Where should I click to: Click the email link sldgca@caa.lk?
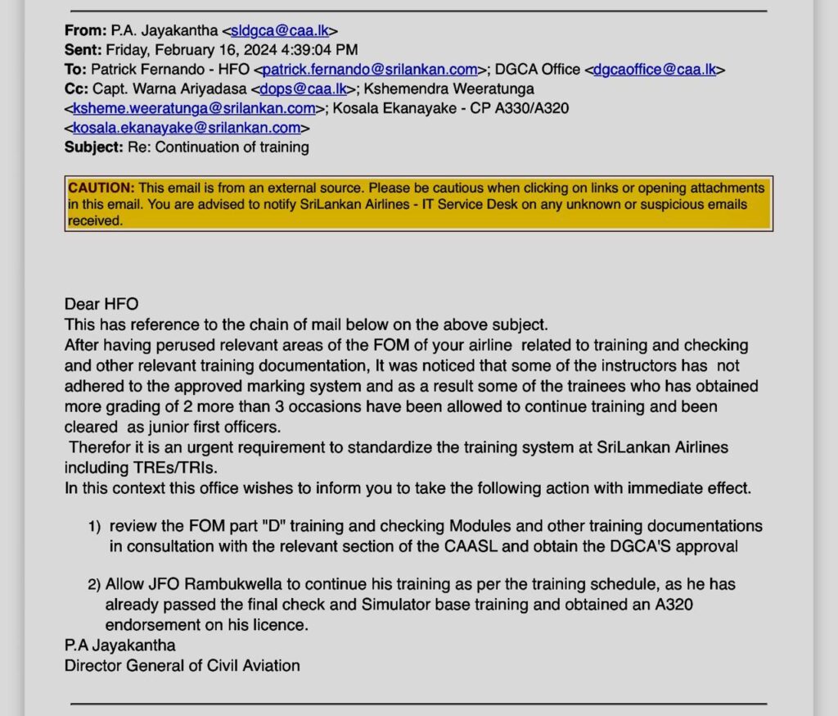coord(281,30)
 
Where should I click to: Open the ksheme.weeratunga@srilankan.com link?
coord(194,109)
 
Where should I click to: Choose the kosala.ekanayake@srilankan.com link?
coord(187,129)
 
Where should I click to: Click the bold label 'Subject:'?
coord(94,148)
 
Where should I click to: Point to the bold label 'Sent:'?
coord(83,50)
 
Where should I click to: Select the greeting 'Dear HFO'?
coord(101,305)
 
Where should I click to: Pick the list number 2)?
coord(94,585)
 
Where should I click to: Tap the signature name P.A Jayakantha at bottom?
coord(120,646)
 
